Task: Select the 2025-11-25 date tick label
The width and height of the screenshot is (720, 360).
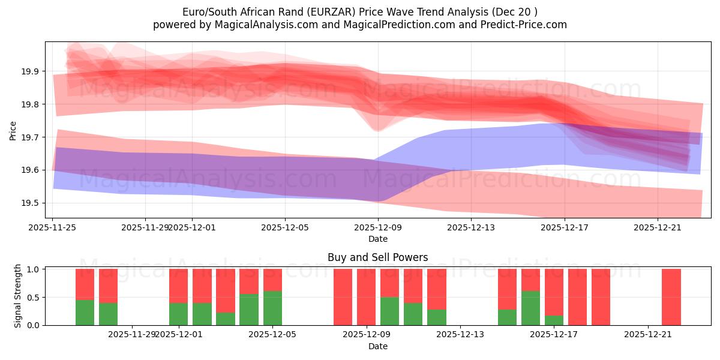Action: (x=53, y=227)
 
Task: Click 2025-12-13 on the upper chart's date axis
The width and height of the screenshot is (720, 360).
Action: (x=471, y=227)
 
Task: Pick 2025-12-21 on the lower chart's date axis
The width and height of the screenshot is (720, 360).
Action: (x=648, y=335)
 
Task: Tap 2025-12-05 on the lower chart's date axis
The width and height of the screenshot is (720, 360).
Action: (x=272, y=335)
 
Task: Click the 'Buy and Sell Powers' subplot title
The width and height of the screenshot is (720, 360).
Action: (x=377, y=257)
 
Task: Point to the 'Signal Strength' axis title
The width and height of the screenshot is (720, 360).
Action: (x=18, y=295)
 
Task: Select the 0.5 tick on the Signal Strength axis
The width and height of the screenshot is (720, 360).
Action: (x=34, y=298)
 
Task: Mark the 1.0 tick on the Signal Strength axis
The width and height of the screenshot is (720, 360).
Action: (x=34, y=269)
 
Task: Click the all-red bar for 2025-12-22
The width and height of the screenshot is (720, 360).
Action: (x=671, y=297)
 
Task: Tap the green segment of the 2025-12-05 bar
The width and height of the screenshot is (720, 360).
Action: (x=272, y=308)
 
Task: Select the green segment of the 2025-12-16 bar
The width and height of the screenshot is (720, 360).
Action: (x=530, y=308)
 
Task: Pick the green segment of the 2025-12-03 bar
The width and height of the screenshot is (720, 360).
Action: (x=226, y=319)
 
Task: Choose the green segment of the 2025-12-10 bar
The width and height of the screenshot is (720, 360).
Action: (x=413, y=314)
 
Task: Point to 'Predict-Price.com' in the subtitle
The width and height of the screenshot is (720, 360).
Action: (x=526, y=25)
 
